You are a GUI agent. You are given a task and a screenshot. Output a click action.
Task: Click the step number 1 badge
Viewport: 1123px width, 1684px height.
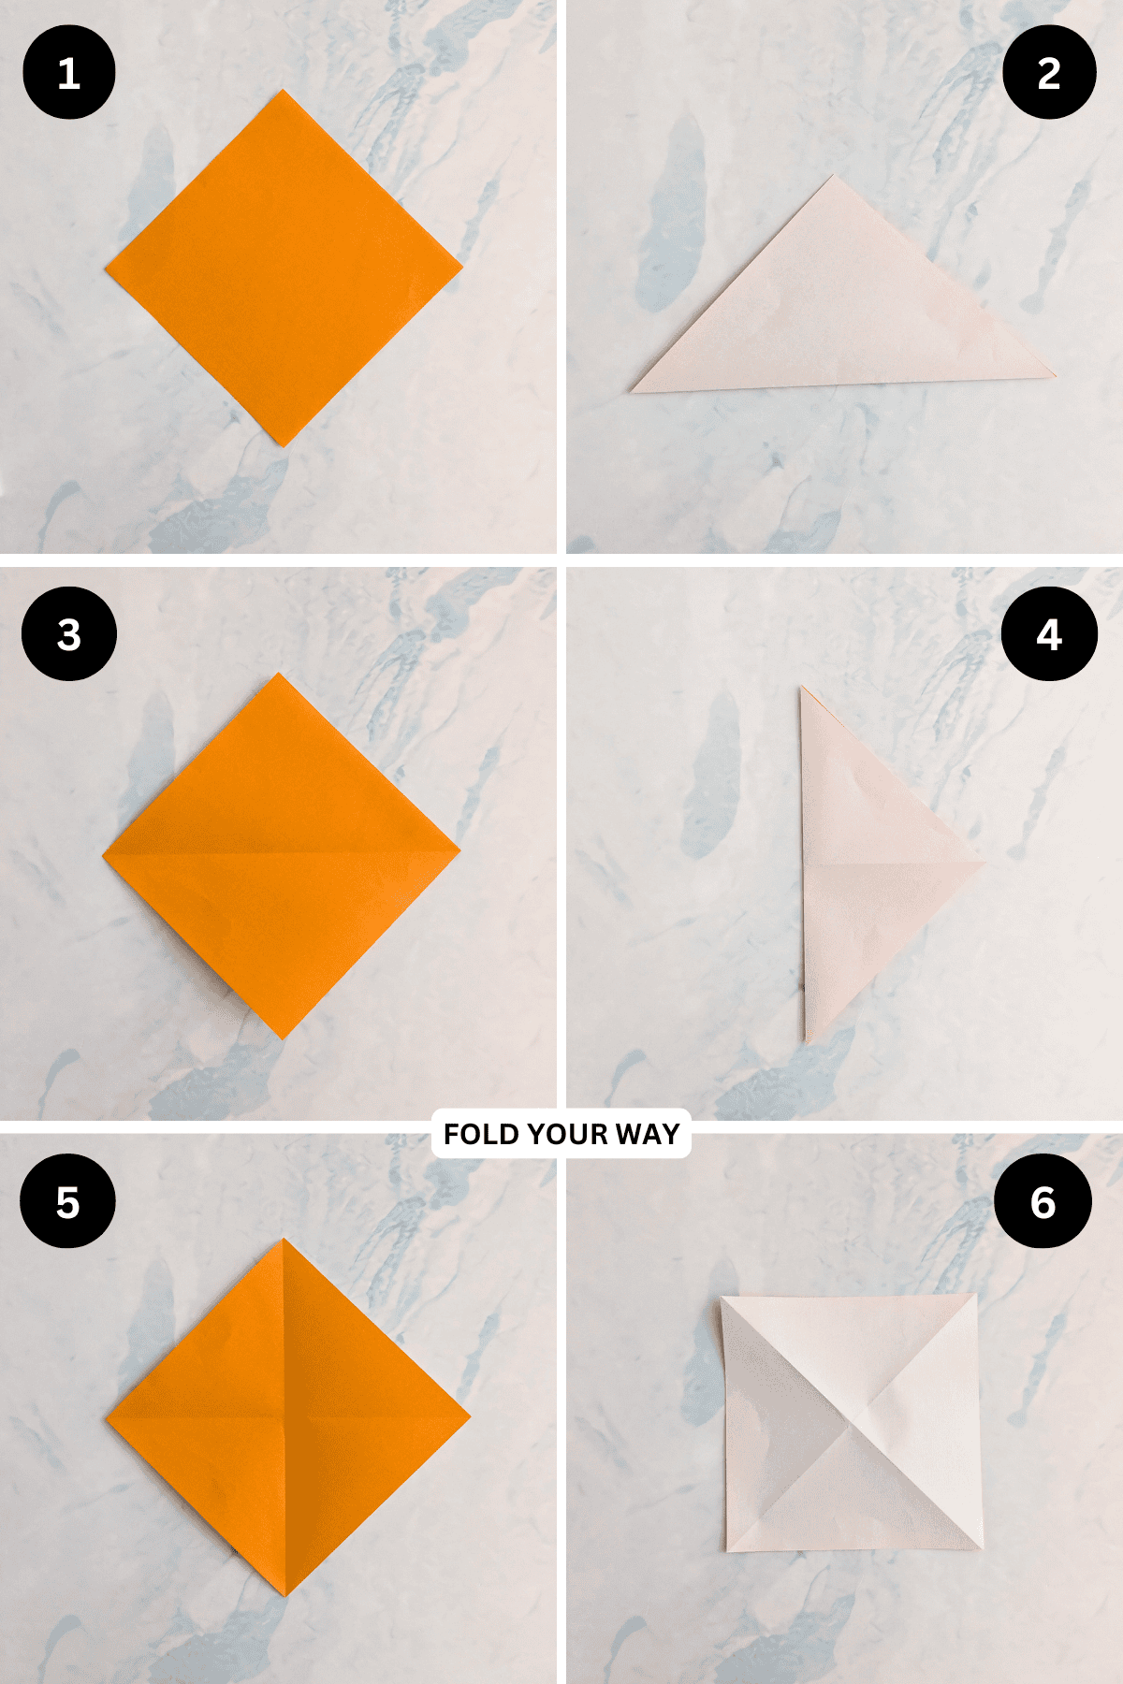click(x=68, y=73)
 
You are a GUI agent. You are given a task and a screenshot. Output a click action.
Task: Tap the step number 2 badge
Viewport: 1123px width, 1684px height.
click(x=1049, y=73)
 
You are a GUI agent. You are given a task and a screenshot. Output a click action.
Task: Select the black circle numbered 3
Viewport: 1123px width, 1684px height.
click(x=68, y=634)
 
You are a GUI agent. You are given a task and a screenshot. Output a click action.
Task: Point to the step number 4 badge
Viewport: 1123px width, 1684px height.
click(x=1049, y=634)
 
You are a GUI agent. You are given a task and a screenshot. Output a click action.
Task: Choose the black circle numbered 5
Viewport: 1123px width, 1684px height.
click(x=67, y=1201)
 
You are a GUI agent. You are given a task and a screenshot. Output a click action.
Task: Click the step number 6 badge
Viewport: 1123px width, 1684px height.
click(x=1043, y=1201)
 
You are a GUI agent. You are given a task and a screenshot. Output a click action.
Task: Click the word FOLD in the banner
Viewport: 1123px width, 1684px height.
click(x=480, y=1134)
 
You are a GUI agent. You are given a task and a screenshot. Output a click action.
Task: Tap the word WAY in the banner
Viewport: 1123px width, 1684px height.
click(x=648, y=1134)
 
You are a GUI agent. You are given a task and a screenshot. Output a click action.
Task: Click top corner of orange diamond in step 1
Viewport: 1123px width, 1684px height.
click(x=283, y=91)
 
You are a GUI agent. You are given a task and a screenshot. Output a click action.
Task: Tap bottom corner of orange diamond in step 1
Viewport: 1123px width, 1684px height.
click(x=282, y=445)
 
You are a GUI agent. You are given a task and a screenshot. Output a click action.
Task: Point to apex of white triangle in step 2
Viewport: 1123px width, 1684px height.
click(x=832, y=176)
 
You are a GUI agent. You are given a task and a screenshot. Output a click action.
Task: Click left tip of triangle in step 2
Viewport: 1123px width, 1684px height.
click(x=633, y=391)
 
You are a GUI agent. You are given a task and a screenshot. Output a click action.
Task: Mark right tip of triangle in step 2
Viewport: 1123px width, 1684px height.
click(x=1055, y=376)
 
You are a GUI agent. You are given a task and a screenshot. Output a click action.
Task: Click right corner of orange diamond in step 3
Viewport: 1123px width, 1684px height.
click(x=459, y=850)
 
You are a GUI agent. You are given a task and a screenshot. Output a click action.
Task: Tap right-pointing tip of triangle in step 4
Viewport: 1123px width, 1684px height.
click(x=984, y=863)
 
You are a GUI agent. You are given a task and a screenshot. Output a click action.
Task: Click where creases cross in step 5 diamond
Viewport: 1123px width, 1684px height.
click(x=284, y=1415)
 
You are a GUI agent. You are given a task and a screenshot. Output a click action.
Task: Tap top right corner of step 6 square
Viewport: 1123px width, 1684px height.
click(x=977, y=1296)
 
